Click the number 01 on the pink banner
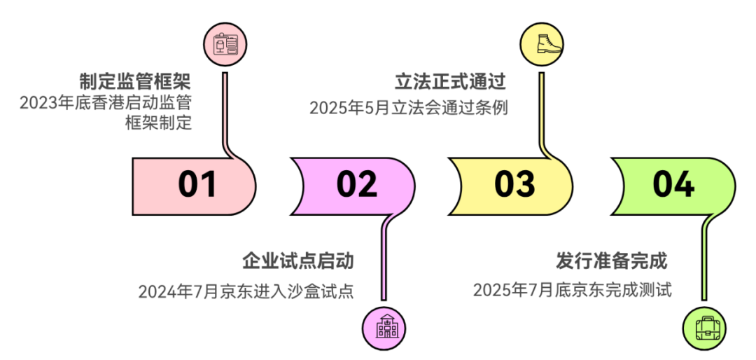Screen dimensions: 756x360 (x=197, y=185)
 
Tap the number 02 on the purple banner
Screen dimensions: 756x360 (x=357, y=185)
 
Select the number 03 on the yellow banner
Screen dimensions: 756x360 (x=514, y=185)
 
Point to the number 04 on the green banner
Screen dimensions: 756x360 (x=673, y=185)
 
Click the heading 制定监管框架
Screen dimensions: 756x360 (x=136, y=81)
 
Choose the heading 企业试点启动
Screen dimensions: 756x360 (x=298, y=261)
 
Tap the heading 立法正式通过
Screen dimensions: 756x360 (x=450, y=81)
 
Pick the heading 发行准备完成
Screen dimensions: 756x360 (x=612, y=261)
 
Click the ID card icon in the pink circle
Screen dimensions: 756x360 (x=225, y=45)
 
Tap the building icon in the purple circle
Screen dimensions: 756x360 (x=385, y=326)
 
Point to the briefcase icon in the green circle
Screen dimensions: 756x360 (x=707, y=326)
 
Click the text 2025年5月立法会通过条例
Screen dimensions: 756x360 (x=409, y=107)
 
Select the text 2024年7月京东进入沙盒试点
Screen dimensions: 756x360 (x=246, y=291)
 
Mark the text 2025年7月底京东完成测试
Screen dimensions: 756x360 (x=573, y=291)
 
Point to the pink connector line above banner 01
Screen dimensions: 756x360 (x=225, y=116)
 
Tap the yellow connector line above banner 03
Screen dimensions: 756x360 (x=542, y=116)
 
